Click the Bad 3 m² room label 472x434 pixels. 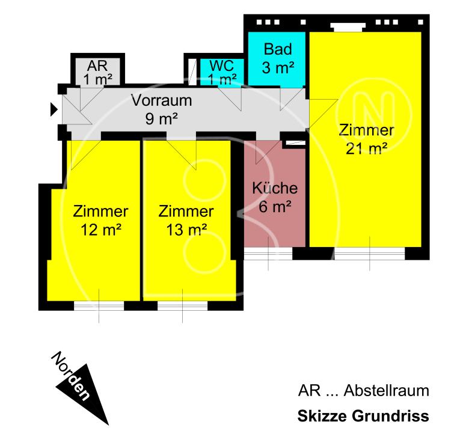pos(277,58)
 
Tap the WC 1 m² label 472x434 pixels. pos(222,72)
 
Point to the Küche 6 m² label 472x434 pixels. pos(275,198)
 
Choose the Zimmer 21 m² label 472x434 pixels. pos(366,139)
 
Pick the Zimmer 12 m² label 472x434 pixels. pos(100,220)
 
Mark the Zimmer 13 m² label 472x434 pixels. pos(186,220)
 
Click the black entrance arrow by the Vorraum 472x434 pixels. pos(54,109)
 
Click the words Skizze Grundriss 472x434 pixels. pos(363,416)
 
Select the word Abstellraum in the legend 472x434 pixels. pos(386,391)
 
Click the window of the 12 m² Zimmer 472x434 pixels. pos(99,305)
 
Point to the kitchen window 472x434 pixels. pos(268,254)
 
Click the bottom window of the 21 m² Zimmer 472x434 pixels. pos(369,254)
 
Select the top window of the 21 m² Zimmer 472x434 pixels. pos(348,26)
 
